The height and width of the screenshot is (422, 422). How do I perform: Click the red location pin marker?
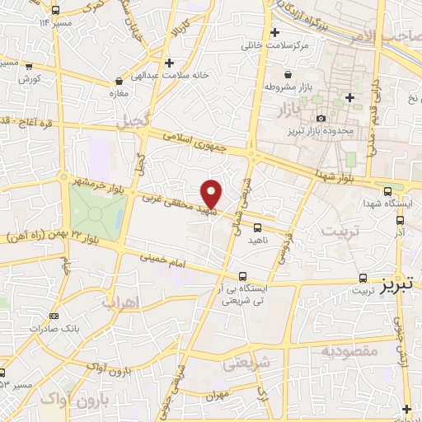pos(212,195)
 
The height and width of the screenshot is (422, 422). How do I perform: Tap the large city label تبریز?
pos(400,284)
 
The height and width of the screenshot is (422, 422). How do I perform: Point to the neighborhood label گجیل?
pos(133,120)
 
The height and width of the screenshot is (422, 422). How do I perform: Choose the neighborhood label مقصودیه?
pos(349,351)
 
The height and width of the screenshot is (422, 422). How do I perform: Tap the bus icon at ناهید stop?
pos(258,227)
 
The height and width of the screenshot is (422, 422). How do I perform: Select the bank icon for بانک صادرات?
pos(54,316)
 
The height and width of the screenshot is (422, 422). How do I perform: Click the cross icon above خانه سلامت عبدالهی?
pos(169,63)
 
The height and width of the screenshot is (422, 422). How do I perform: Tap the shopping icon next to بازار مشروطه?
pos(269,86)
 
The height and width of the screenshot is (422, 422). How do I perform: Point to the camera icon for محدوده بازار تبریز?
pos(321,119)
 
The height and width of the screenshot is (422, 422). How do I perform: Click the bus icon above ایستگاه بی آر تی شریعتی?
pos(242,276)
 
